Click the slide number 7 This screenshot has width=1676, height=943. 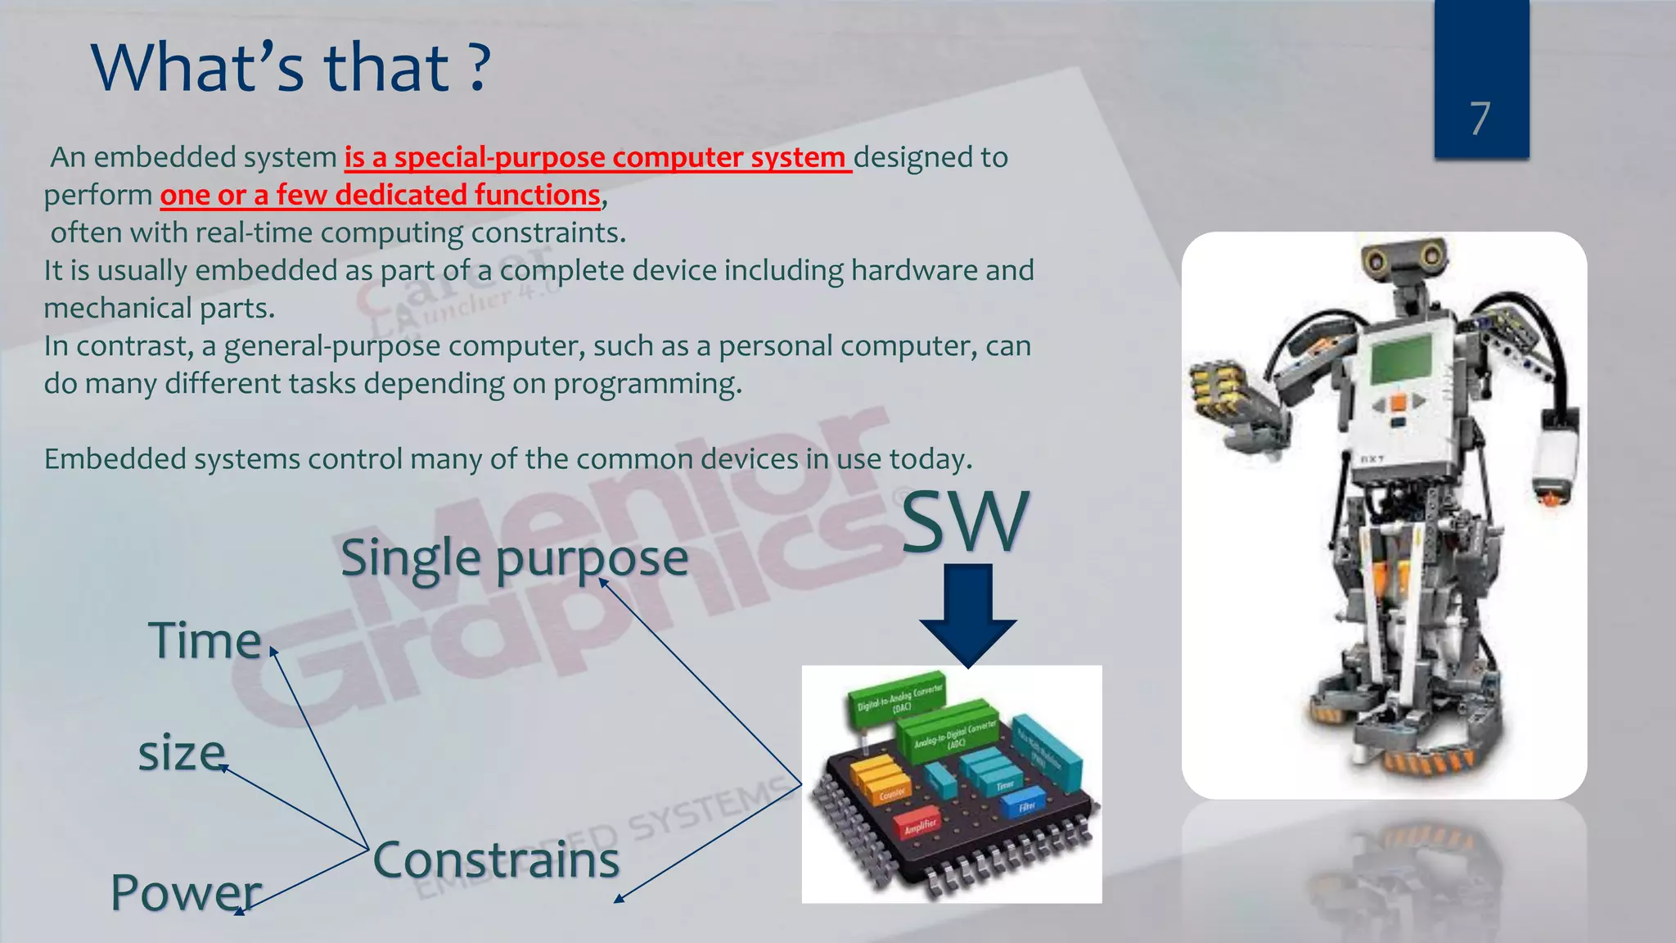tap(1480, 119)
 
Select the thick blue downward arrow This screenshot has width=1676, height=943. tap(967, 614)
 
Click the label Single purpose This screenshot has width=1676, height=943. tap(514, 559)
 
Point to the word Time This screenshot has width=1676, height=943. tap(205, 640)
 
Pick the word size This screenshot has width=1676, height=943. tap(181, 753)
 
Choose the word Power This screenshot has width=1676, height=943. tap(186, 892)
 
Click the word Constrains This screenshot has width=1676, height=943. tap(496, 860)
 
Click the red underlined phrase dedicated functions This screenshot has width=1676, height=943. tap(467, 195)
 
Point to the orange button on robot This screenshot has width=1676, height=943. tap(1398, 402)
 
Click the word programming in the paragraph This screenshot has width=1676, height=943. tap(647, 384)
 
